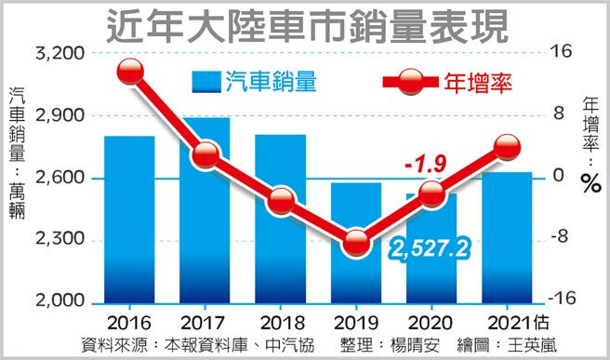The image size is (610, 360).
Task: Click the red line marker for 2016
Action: pyautogui.click(x=130, y=72)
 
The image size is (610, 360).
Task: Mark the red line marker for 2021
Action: pyautogui.click(x=508, y=146)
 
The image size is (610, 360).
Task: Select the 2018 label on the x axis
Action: pyautogui.click(x=281, y=323)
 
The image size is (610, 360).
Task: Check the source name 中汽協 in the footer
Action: pyautogui.click(x=286, y=342)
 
